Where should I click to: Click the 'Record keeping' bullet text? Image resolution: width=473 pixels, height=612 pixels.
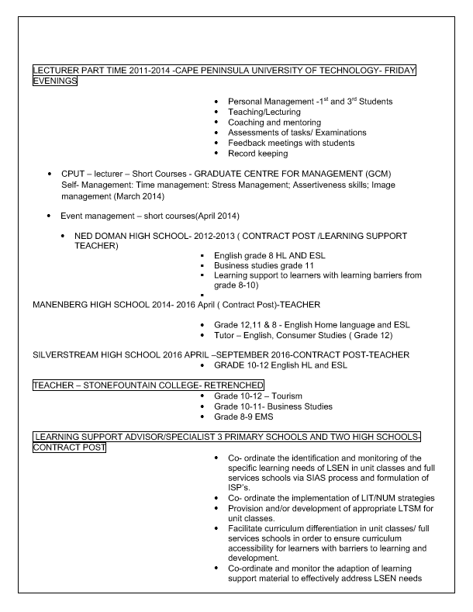(258, 153)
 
